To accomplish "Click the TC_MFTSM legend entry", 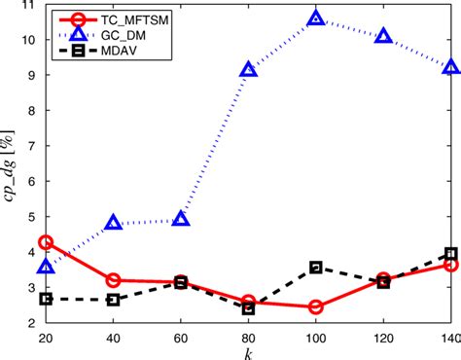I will pos(126,19).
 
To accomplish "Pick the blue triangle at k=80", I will pos(248,69).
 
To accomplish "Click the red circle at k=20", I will pos(46,241).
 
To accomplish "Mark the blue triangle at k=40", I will pos(113,223).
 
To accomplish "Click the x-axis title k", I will pos(248,351).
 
